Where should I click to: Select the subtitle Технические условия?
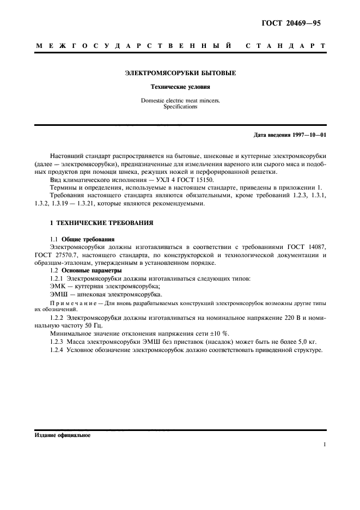(180, 87)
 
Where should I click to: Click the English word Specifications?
(180, 107)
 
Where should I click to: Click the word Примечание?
(72, 302)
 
